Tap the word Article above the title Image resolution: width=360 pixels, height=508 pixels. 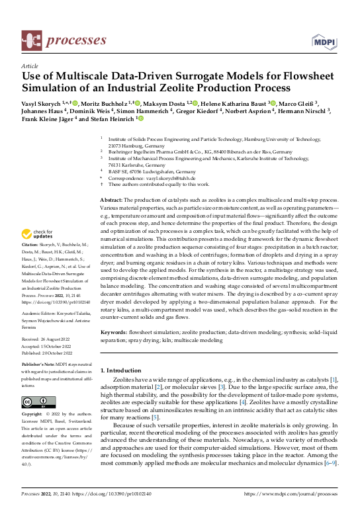30,67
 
